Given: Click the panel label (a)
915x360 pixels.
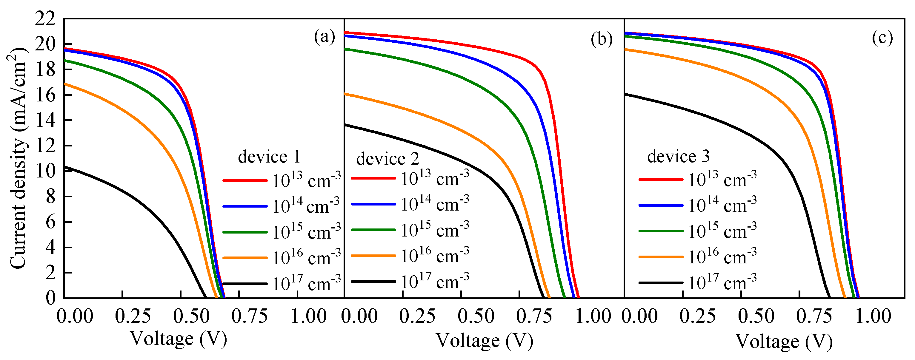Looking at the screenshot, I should (x=324, y=37).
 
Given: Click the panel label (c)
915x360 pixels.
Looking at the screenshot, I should (x=882, y=37).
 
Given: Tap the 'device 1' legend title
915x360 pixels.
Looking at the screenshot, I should (x=269, y=157).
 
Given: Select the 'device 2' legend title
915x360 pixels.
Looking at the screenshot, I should (x=387, y=159).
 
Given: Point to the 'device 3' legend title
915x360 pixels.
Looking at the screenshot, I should (x=678, y=156).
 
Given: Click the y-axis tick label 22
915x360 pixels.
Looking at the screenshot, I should (x=45, y=19).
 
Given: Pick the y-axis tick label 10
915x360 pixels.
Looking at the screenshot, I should (x=45, y=171).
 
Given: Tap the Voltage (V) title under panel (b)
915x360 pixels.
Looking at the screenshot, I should (x=484, y=341).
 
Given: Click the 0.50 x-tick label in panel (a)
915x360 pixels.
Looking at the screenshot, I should (x=191, y=316).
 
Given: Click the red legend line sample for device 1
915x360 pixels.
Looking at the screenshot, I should (x=245, y=181).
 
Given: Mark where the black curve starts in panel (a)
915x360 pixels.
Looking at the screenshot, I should (x=65, y=167).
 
